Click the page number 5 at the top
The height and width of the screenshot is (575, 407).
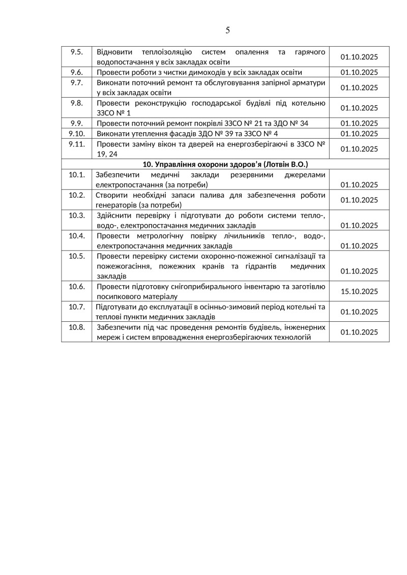[227, 30]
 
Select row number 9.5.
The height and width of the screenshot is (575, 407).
[77, 52]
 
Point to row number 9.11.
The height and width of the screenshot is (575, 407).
[77, 144]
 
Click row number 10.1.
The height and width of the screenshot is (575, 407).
[77, 174]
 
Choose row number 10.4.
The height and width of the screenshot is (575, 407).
[77, 236]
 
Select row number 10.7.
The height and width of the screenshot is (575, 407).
[77, 307]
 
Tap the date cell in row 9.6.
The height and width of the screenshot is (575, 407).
[359, 72]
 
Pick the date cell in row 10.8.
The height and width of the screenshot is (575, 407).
[359, 332]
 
